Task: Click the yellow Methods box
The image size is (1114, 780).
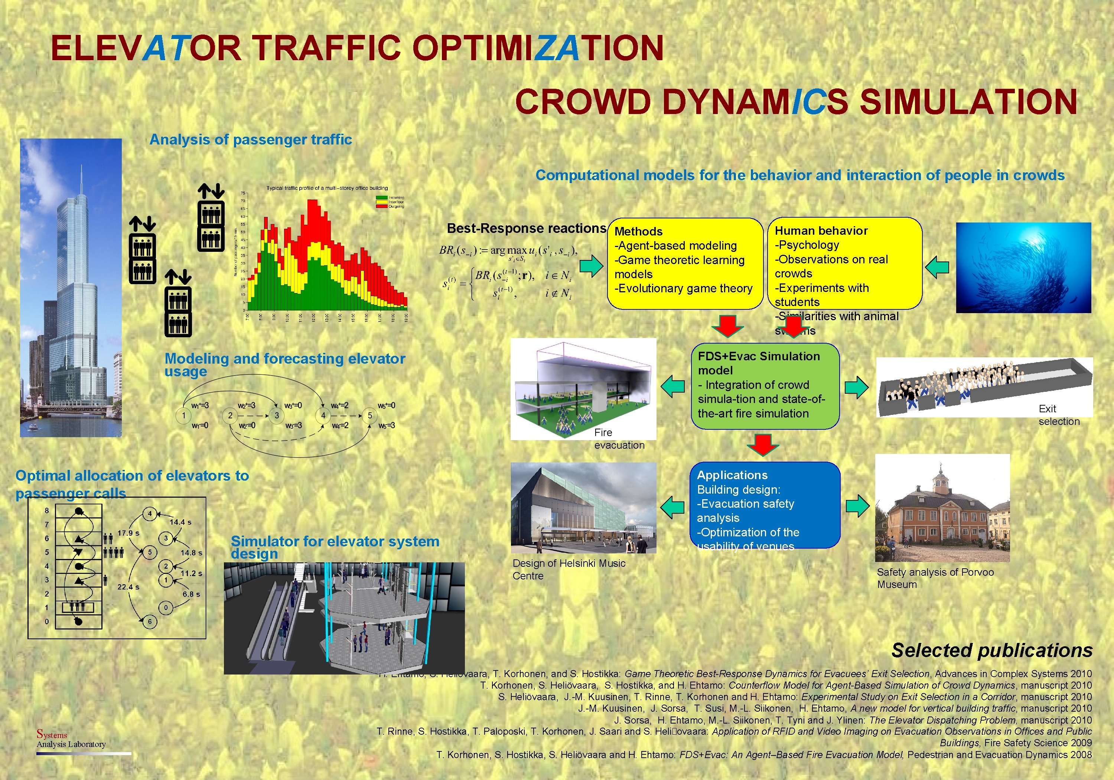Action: [685, 263]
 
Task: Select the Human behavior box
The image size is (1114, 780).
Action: [844, 263]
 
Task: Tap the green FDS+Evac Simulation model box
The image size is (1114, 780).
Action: [765, 386]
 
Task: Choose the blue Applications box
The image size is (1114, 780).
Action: [765, 505]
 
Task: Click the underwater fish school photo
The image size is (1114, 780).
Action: [1023, 267]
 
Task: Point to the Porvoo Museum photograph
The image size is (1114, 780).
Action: [942, 508]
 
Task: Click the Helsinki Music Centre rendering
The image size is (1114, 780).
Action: [583, 508]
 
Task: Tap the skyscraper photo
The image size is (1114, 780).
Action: [71, 287]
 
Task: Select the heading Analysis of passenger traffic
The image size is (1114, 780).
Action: [250, 140]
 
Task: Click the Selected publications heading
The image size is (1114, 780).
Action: [992, 650]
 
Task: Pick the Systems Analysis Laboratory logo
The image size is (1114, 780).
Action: [71, 740]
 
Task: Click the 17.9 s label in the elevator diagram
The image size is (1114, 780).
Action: [128, 533]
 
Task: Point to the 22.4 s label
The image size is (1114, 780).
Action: [128, 587]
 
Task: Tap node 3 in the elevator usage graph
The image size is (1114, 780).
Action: [277, 416]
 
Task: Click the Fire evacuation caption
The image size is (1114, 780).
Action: [619, 439]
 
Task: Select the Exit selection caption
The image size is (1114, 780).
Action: [1059, 415]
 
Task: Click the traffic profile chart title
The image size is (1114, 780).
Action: [327, 188]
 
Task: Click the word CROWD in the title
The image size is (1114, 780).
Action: [582, 102]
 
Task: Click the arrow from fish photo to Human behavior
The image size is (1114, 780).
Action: [937, 267]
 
